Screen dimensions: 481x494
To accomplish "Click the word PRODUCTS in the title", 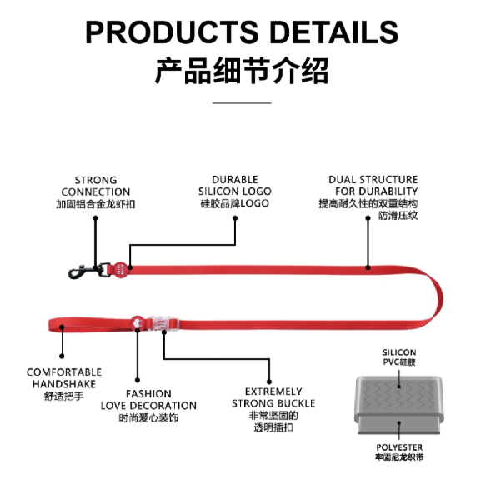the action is coord(172,32).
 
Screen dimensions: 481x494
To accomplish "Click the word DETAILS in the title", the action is coord(334,32).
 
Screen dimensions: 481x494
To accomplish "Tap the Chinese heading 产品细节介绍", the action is coord(242,71).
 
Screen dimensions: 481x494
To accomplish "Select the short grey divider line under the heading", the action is coord(242,103).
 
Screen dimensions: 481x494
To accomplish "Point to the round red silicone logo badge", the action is coord(120,269).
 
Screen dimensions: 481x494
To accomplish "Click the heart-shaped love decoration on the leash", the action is coord(138,323).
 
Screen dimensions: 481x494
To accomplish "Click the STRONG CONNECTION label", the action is coord(96,187).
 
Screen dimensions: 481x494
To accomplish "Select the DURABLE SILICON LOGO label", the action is coord(235,186).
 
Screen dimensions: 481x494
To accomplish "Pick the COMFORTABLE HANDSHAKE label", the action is coord(64,378).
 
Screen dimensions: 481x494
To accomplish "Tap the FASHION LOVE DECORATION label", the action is coord(148,400).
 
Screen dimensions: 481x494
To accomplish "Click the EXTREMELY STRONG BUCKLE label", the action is coord(273,397).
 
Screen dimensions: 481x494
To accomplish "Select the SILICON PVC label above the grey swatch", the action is coord(399,357).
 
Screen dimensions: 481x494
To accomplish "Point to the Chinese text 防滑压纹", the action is coord(398,216).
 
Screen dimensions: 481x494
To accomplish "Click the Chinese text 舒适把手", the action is coord(64,396).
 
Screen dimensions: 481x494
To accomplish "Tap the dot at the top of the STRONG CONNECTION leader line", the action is coord(96,218).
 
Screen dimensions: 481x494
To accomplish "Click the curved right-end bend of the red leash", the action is coord(439,297).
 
